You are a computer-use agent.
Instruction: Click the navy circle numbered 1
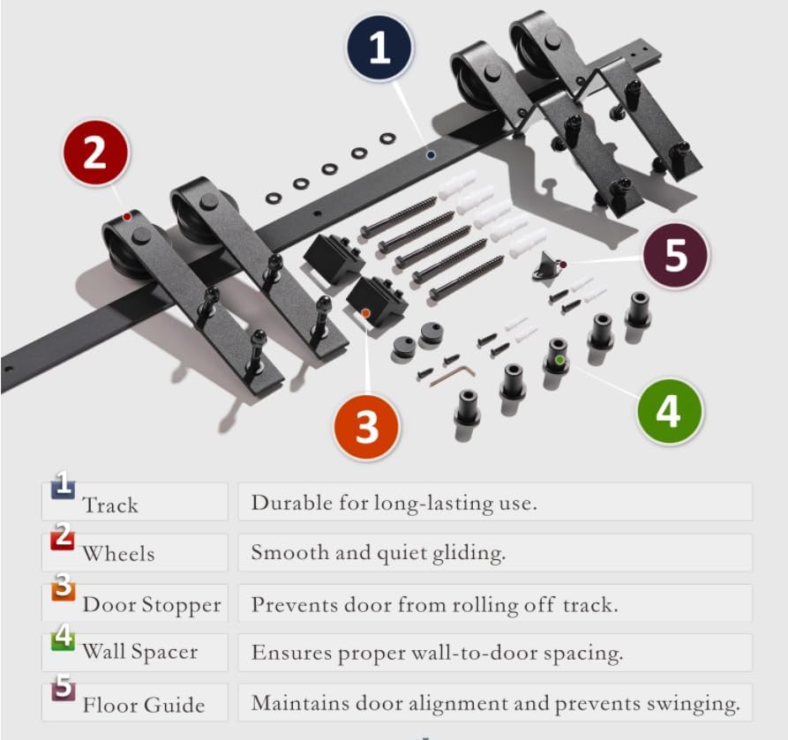pyautogui.click(x=379, y=48)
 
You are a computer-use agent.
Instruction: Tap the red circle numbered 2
pyautogui.click(x=95, y=153)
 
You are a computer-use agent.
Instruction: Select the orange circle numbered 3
pyautogui.click(x=366, y=427)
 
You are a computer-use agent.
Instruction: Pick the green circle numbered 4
pyautogui.click(x=670, y=412)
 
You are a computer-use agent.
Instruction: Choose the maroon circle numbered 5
pyautogui.click(x=676, y=255)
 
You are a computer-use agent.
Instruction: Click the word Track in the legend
pyautogui.click(x=110, y=505)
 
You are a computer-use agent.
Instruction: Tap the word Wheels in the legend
pyautogui.click(x=118, y=553)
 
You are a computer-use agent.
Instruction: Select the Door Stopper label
pyautogui.click(x=152, y=605)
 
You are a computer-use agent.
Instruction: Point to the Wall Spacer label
pyautogui.click(x=140, y=652)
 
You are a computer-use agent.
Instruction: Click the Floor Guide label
pyautogui.click(x=144, y=705)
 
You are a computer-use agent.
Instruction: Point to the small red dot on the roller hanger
pyautogui.click(x=127, y=216)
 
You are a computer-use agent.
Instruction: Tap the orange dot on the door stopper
pyautogui.click(x=366, y=313)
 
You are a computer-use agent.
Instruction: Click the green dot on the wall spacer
pyautogui.click(x=559, y=360)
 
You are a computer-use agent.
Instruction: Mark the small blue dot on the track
pyautogui.click(x=431, y=155)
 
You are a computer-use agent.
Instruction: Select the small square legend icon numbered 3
pyautogui.click(x=64, y=587)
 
